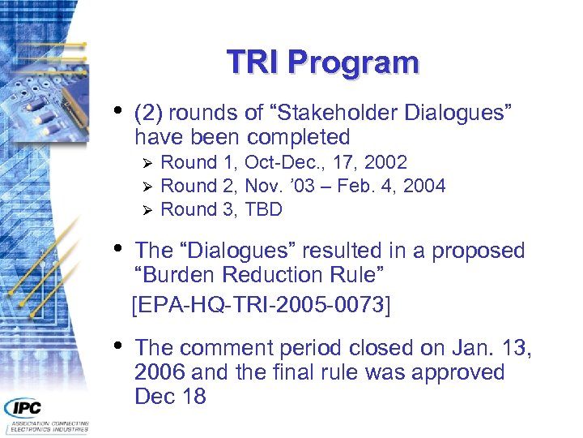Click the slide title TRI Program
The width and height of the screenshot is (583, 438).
point(322,62)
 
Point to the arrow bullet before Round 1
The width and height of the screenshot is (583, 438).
point(147,163)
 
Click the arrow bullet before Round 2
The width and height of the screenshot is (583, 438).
point(147,187)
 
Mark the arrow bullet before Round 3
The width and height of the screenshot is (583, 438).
point(147,210)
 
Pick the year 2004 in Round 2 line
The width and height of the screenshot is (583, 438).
point(424,186)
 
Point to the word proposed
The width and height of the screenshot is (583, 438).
point(479,251)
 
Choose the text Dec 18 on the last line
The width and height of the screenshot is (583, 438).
point(170,397)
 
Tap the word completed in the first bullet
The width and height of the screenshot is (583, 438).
point(298,137)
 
